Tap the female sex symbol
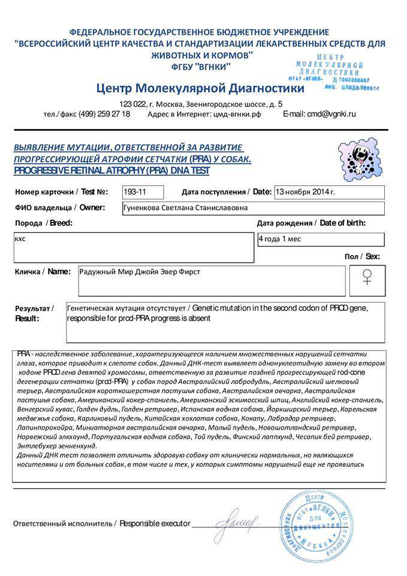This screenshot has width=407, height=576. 367,277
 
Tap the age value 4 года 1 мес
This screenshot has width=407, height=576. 279,239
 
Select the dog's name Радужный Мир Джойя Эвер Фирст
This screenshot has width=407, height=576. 140,272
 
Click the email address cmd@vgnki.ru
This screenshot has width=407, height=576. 328,113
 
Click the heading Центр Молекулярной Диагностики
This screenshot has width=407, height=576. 200,89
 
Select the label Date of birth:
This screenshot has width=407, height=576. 343,223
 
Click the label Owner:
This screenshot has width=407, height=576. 92,208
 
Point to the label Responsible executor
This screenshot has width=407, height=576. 155,523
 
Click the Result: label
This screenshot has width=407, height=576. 27,318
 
